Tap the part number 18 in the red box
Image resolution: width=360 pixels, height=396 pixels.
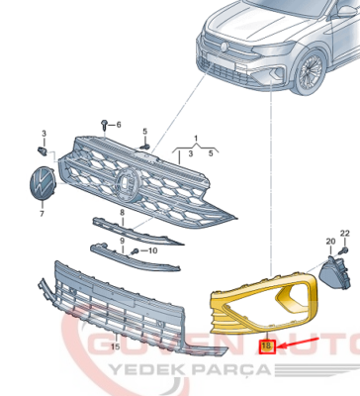pyautogui.click(x=265, y=346)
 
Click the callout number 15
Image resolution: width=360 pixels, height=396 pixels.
pyautogui.click(x=116, y=346)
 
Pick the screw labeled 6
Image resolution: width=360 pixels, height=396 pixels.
pyautogui.click(x=104, y=124)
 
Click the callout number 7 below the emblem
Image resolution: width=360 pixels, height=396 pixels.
pyautogui.click(x=42, y=214)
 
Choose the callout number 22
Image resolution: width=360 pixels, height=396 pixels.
pyautogui.click(x=344, y=233)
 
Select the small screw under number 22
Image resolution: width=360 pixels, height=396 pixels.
pyautogui.click(x=344, y=250)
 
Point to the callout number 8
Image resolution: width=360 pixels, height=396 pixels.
pyautogui.click(x=121, y=212)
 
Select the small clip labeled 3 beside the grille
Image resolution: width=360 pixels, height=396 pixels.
pyautogui.click(x=41, y=150)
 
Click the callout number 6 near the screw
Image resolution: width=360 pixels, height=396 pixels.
pyautogui.click(x=119, y=125)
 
